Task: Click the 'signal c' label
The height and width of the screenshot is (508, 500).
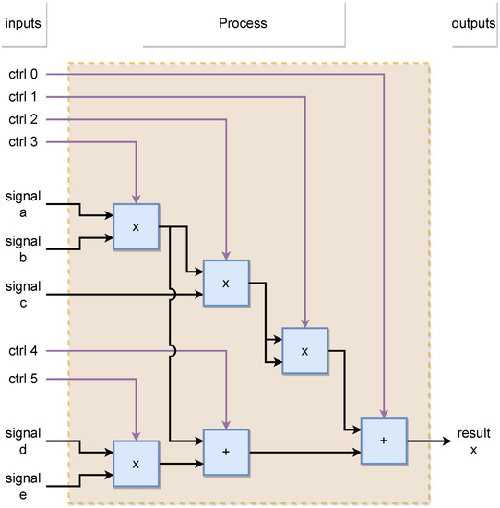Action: pos(22,295)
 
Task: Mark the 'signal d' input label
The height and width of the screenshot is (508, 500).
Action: pos(22,440)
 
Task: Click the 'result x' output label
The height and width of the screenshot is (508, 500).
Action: pos(474,441)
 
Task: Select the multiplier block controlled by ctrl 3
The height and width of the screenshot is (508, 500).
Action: pos(137,226)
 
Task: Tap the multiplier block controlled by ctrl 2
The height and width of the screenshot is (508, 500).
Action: pos(226,284)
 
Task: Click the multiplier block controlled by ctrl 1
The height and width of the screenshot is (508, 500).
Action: pos(304,351)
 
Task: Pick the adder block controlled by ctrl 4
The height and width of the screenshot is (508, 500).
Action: pos(226,453)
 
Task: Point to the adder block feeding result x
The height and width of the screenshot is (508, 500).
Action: pos(384,441)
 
